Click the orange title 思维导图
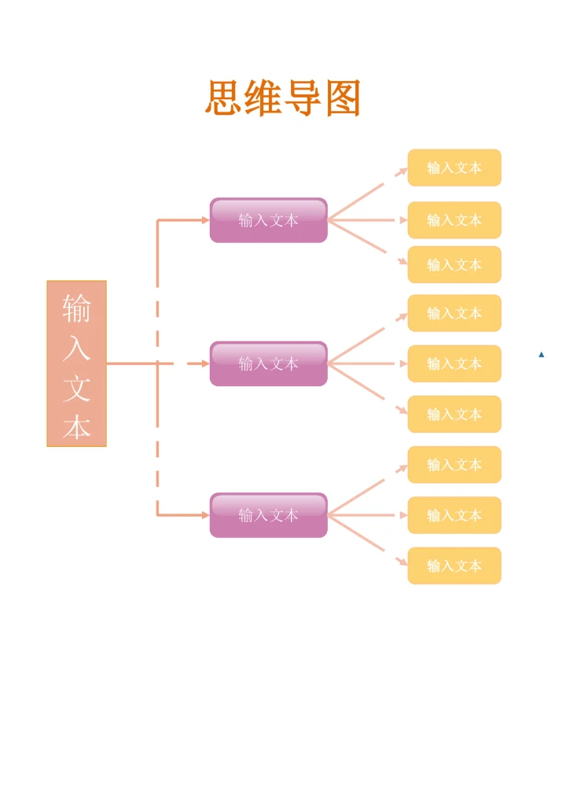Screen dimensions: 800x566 [x=283, y=99]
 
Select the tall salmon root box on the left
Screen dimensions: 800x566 [x=76, y=363]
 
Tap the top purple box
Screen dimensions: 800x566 [x=268, y=220]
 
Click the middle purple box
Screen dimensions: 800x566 [x=268, y=363]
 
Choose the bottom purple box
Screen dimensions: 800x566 [x=268, y=515]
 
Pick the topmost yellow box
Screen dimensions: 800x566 [x=454, y=168]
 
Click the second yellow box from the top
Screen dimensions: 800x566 [x=454, y=220]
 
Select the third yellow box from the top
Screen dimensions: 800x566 [x=454, y=264]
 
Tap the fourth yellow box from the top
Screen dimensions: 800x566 [x=454, y=313]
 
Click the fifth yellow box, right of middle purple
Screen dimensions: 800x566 [x=454, y=363]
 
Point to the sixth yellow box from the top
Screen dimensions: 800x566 [x=454, y=414]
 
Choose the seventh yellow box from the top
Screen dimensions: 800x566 [x=454, y=465]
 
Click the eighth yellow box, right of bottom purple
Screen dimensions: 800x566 [x=454, y=515]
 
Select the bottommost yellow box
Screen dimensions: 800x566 [x=454, y=566]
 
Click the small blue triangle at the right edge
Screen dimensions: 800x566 [x=542, y=355]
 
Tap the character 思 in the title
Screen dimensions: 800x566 [x=223, y=99]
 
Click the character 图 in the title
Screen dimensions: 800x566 [x=343, y=99]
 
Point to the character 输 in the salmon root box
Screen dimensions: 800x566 [x=76, y=308]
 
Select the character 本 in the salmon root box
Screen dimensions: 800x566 [x=76, y=427]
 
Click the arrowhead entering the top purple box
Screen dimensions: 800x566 [x=206, y=220]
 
